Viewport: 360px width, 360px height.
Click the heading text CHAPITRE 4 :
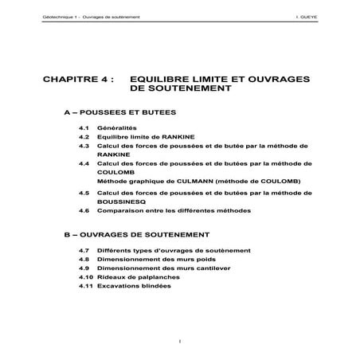pyautogui.click(x=79, y=81)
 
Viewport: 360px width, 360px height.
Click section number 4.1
pyautogui.click(x=83, y=128)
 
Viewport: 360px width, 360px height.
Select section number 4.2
pyautogui.click(x=83, y=138)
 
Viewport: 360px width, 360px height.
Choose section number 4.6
pyautogui.click(x=83, y=211)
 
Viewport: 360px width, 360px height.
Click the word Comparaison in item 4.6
pyautogui.click(x=120, y=211)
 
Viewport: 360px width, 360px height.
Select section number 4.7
pyautogui.click(x=83, y=249)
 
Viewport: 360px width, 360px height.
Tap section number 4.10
pyautogui.click(x=84, y=278)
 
